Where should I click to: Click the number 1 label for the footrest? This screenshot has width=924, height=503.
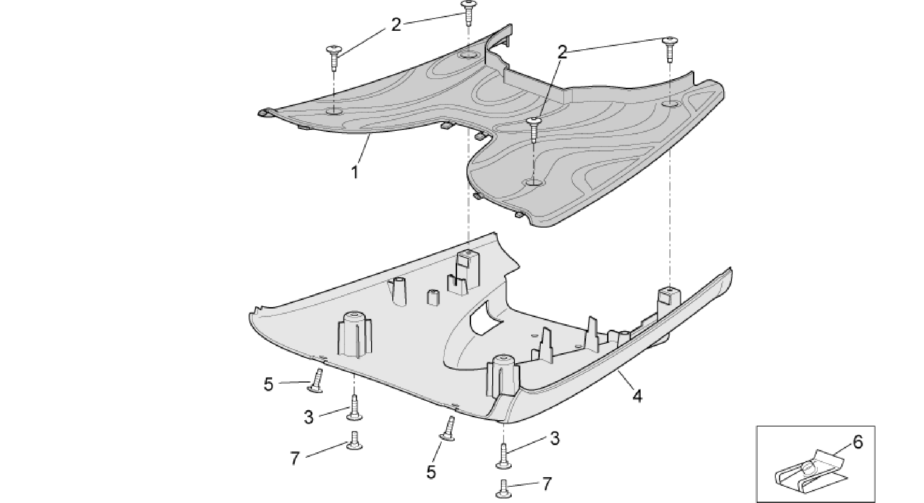355,172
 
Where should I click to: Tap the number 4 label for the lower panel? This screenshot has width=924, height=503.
637,396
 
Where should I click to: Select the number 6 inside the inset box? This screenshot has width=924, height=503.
858,442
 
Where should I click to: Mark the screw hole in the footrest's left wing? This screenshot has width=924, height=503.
334,111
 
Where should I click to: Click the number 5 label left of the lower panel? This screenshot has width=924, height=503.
269,385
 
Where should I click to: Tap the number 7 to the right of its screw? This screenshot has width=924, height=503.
547,484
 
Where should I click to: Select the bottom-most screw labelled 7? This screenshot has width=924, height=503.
503,487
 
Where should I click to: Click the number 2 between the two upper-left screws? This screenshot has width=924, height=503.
396,25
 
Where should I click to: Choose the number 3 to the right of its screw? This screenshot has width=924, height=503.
555,438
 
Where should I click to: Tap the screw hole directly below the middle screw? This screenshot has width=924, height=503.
534,182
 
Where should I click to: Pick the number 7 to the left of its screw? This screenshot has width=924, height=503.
295,459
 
